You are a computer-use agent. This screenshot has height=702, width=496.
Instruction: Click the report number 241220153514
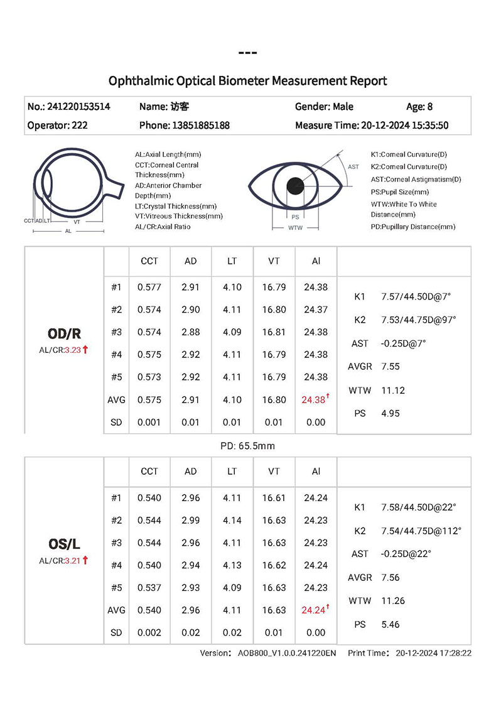78,107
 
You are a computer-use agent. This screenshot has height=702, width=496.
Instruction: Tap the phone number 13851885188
200,126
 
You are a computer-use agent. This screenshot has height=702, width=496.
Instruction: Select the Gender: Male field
324,107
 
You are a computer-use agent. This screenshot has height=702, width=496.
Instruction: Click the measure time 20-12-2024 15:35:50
405,126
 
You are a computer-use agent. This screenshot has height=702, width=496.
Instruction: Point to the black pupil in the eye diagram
296,185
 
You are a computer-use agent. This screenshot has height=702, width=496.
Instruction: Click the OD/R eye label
64,333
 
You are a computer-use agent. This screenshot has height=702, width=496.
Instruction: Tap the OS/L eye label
64,544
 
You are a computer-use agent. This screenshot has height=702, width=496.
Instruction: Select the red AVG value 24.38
314,400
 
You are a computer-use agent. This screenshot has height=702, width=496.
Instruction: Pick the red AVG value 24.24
314,610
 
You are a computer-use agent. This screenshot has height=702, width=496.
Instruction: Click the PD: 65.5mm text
247,446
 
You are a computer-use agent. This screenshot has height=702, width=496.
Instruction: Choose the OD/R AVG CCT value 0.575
149,400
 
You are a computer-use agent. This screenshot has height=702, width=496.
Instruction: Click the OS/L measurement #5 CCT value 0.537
149,588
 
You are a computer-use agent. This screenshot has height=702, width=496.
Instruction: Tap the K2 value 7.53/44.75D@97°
419,320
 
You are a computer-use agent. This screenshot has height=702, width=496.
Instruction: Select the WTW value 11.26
393,601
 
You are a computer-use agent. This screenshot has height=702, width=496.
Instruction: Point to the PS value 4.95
391,414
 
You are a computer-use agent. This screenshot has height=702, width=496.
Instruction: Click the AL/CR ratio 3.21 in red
73,561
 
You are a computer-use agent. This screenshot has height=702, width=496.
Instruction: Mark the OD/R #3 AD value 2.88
191,332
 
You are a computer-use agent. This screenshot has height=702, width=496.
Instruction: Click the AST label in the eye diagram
353,167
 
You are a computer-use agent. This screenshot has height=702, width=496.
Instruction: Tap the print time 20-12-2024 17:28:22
434,654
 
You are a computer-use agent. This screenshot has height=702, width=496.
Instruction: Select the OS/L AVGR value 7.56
391,578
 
